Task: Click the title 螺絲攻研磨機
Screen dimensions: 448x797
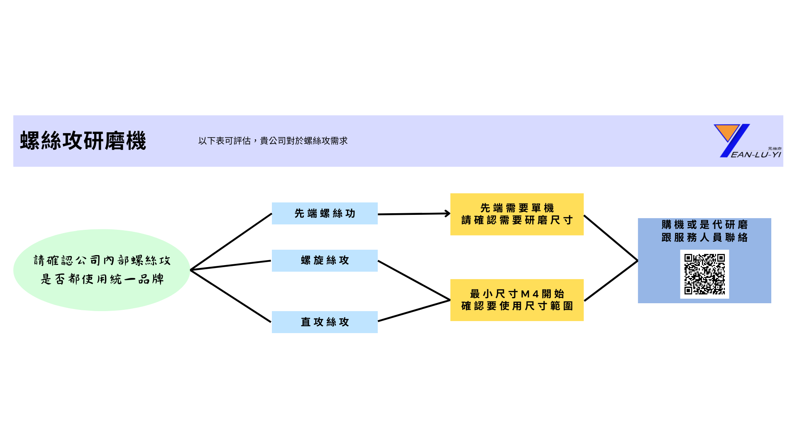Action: (83, 141)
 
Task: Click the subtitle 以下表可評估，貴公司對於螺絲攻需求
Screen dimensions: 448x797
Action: (273, 141)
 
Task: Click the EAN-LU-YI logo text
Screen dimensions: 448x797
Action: (756, 155)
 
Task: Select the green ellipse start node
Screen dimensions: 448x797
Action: (102, 270)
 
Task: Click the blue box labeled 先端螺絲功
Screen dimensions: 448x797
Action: (325, 213)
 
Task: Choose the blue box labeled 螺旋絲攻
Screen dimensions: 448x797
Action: (325, 261)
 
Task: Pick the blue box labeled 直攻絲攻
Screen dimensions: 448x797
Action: (325, 322)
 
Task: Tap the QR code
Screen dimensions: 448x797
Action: (704, 274)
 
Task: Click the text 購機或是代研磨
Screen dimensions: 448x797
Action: (704, 225)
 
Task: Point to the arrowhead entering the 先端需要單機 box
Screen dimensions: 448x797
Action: (447, 214)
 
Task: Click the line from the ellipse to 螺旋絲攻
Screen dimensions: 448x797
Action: (231, 265)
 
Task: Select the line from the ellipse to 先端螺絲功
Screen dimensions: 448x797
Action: (231, 242)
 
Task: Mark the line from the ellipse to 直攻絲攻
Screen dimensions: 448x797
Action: (231, 296)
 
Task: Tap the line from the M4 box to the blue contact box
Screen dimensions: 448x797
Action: (611, 281)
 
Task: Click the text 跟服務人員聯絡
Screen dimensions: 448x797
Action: (704, 238)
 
